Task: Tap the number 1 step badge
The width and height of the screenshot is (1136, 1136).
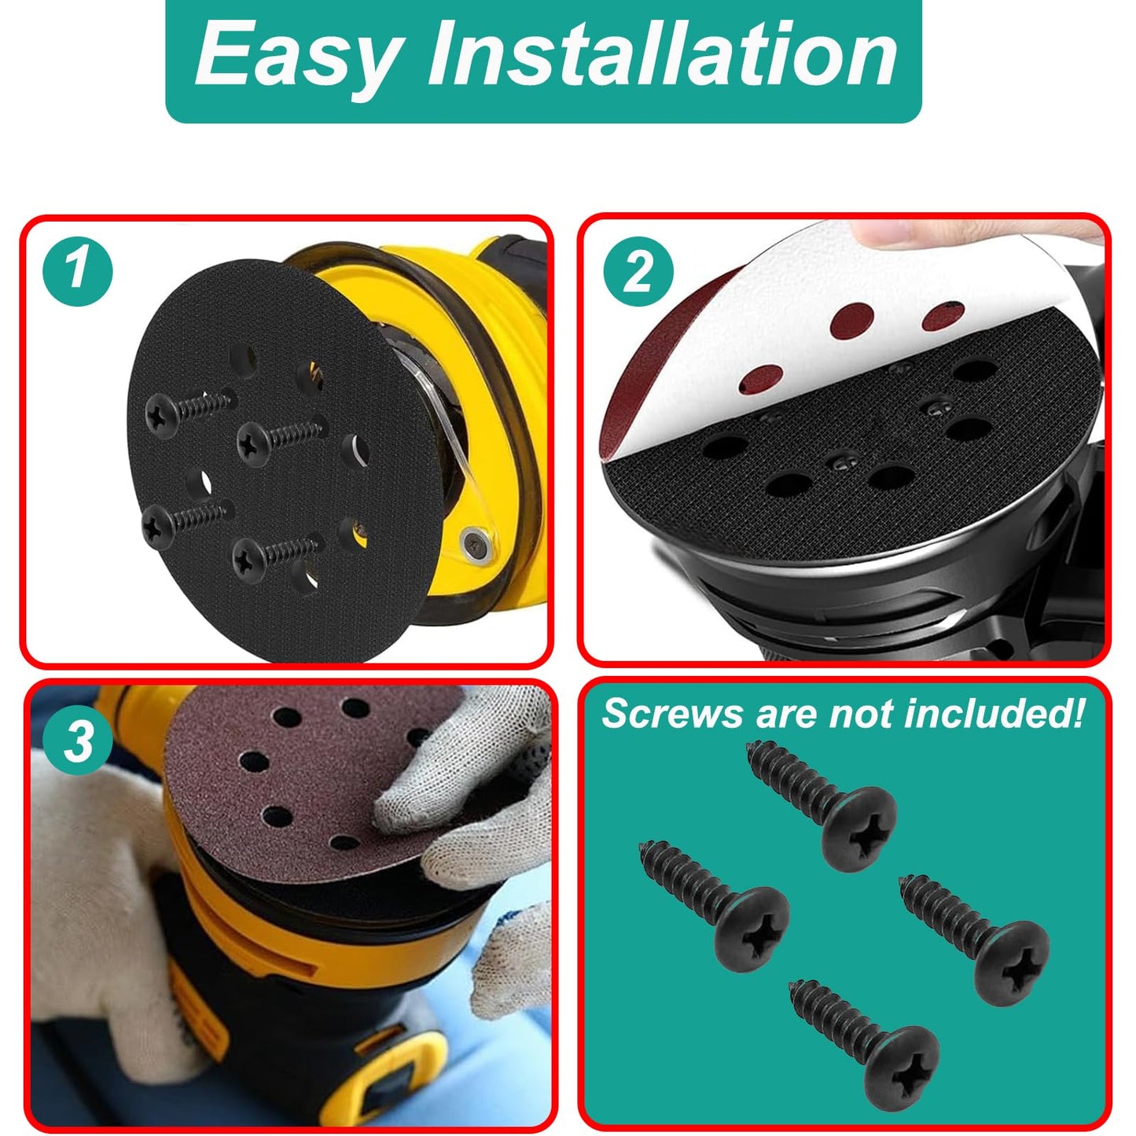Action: tap(77, 271)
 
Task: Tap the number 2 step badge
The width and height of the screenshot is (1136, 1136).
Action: tap(638, 272)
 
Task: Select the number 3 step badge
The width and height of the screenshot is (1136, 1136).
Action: tap(77, 739)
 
